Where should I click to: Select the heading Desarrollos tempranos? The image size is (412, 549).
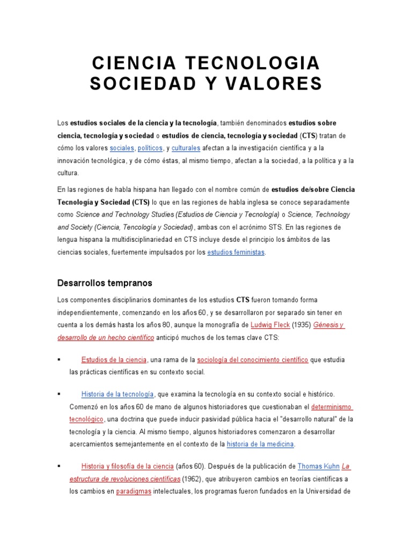click(x=105, y=283)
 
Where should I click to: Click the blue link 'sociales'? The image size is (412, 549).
click(x=122, y=147)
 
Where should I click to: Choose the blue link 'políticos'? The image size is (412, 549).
click(x=150, y=147)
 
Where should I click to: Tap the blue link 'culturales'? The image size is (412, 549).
click(x=186, y=147)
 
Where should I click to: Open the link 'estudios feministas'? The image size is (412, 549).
click(x=236, y=252)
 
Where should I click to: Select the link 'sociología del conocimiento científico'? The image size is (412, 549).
click(x=252, y=359)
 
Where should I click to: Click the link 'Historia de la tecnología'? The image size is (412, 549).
click(x=117, y=394)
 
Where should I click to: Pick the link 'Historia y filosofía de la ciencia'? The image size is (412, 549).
click(x=128, y=466)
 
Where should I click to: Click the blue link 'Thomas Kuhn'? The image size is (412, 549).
click(x=319, y=466)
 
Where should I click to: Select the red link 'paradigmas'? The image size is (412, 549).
click(x=134, y=491)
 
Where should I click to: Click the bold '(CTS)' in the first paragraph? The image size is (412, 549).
click(x=308, y=135)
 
